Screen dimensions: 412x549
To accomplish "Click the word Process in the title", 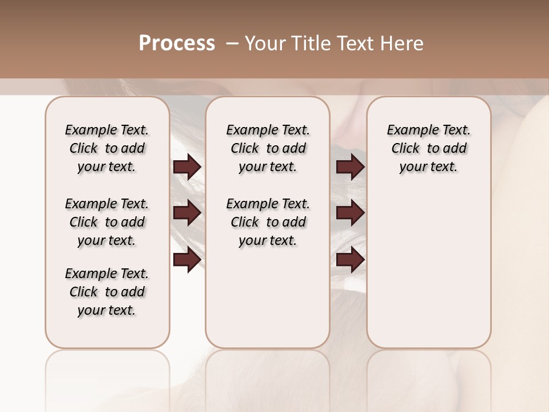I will (x=177, y=43).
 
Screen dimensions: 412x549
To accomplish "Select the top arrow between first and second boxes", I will (x=187, y=167).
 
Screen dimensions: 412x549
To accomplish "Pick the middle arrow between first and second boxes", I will (x=187, y=213).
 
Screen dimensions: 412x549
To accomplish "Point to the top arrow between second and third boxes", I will (x=350, y=167).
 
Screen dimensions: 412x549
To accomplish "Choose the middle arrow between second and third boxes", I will (x=350, y=213).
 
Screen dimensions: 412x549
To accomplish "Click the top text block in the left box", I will (x=107, y=148).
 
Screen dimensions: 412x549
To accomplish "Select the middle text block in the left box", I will (x=107, y=222).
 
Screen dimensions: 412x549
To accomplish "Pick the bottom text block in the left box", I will (x=107, y=292).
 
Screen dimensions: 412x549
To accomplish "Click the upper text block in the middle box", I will (x=268, y=148).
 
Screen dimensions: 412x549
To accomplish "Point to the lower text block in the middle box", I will (x=268, y=222).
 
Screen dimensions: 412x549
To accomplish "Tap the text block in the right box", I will (x=428, y=148).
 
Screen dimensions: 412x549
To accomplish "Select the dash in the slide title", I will (x=232, y=43).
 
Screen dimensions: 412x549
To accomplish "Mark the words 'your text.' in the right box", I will (x=428, y=167).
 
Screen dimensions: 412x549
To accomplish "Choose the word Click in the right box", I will (x=405, y=149).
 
